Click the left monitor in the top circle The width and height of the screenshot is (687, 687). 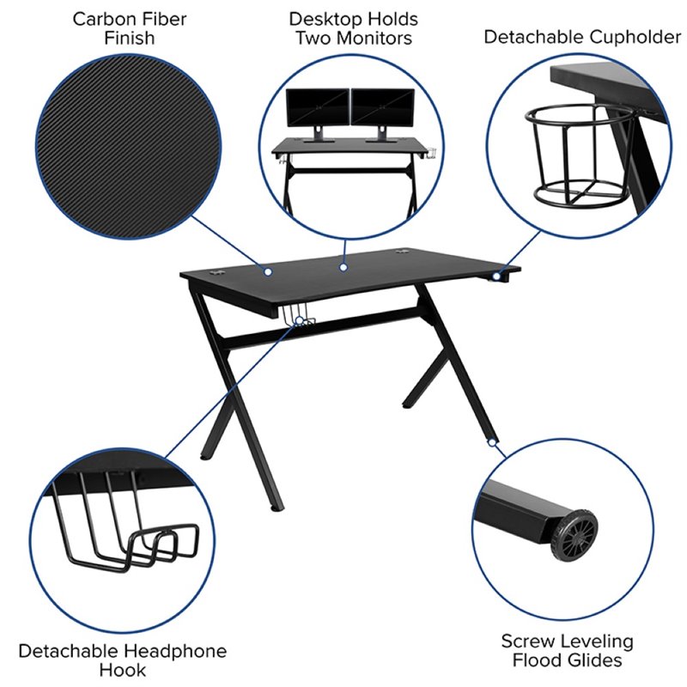[317, 108]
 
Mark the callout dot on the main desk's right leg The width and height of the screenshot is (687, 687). [492, 443]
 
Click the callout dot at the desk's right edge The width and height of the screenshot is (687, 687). [496, 277]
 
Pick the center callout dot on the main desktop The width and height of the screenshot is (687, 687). [342, 267]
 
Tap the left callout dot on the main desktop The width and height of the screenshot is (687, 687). [268, 272]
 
